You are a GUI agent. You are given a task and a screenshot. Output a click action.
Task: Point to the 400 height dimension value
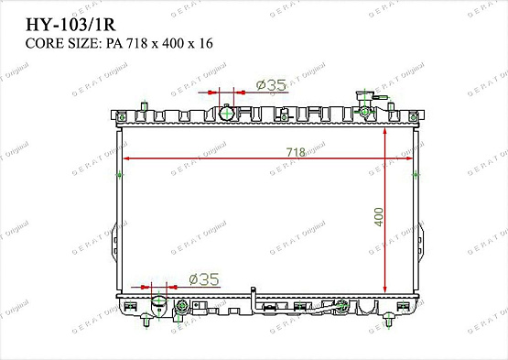[378, 216]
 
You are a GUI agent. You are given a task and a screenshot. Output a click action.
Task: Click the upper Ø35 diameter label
[271, 85]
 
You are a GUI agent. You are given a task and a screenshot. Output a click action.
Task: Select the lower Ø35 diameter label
[202, 279]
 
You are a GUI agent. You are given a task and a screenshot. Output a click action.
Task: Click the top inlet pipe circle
[225, 113]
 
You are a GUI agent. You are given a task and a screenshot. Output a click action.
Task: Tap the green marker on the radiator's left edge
[119, 173]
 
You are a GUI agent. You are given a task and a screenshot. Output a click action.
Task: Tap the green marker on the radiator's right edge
[418, 173]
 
